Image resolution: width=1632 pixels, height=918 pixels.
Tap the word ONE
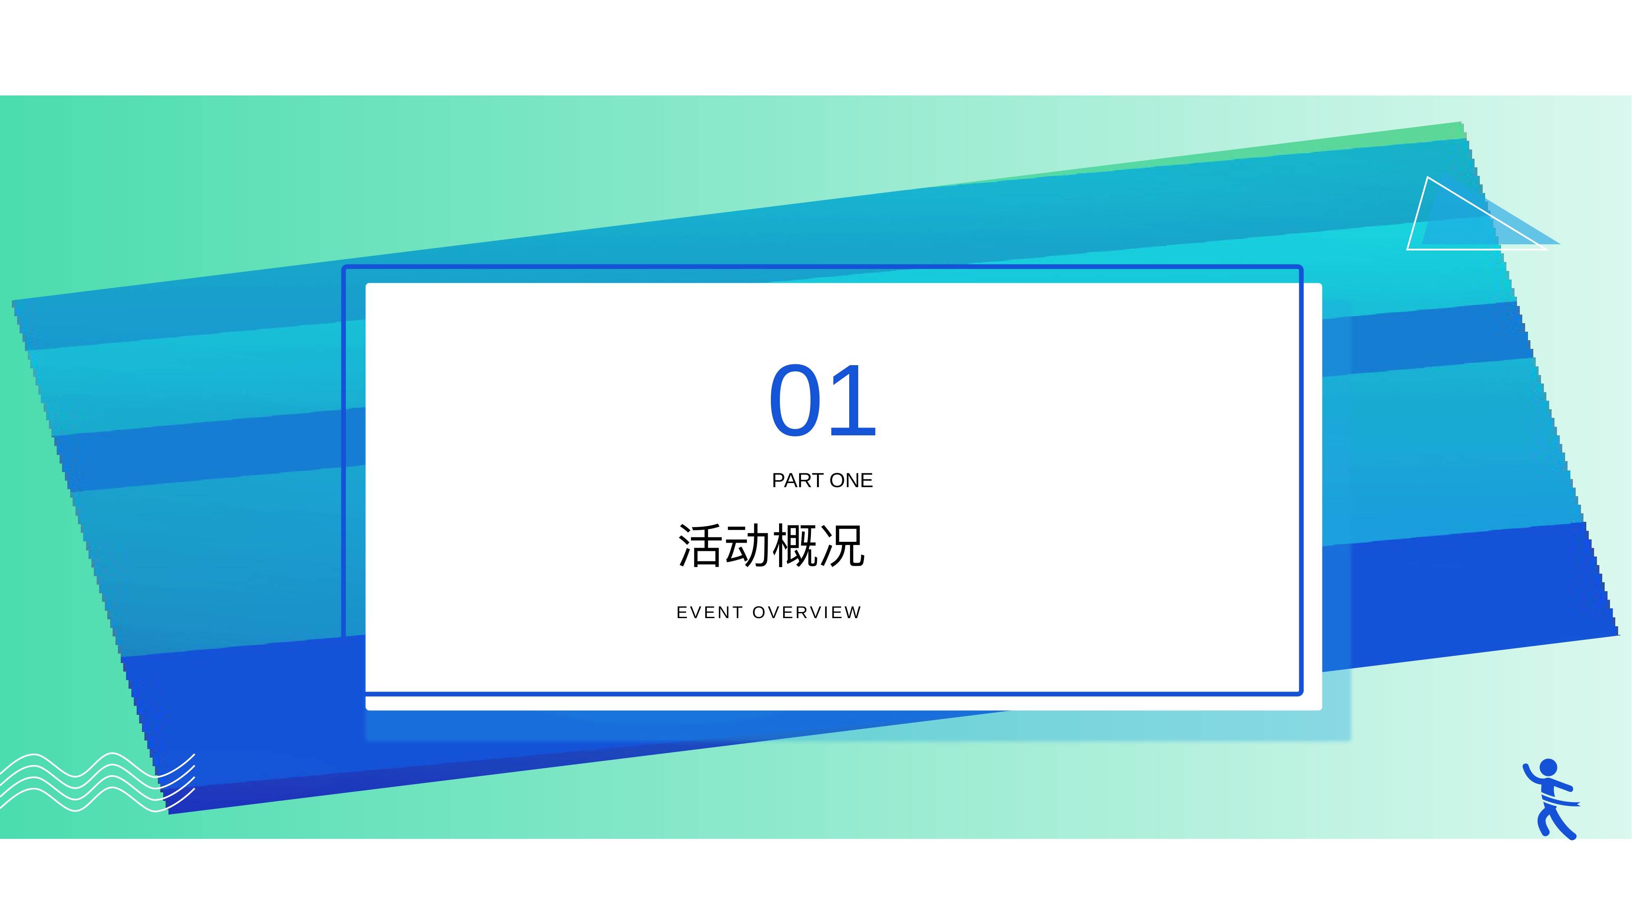[851, 480]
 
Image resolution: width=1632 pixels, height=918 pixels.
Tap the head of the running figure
[1548, 767]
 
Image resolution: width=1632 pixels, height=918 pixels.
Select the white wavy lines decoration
[97, 783]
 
